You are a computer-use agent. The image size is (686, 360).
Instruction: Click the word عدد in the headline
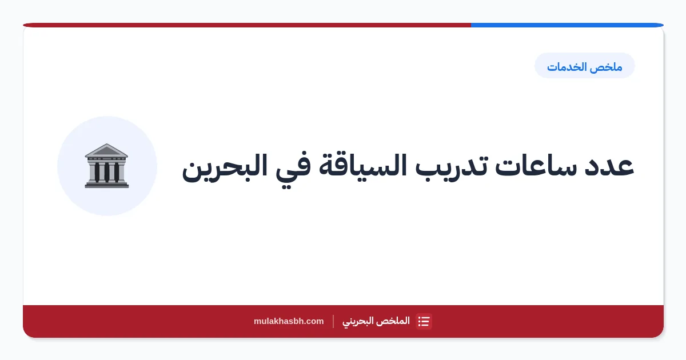tap(609, 166)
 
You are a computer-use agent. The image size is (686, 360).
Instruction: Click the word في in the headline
tap(293, 169)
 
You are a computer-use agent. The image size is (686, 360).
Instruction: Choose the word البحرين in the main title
tap(225, 168)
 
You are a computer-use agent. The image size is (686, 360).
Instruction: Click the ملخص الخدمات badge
tap(585, 66)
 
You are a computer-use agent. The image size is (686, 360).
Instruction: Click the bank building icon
tap(106, 166)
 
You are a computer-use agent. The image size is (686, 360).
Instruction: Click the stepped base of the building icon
tap(106, 184)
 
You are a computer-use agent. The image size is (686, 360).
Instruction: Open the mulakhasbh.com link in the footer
tap(289, 321)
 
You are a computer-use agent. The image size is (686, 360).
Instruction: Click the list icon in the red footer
tap(424, 321)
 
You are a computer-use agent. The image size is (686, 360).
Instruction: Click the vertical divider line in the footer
tap(333, 321)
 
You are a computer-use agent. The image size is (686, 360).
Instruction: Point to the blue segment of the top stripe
tap(567, 25)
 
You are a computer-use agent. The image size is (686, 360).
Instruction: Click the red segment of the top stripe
tap(247, 25)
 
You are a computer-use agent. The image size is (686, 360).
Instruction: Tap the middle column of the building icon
tap(106, 172)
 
